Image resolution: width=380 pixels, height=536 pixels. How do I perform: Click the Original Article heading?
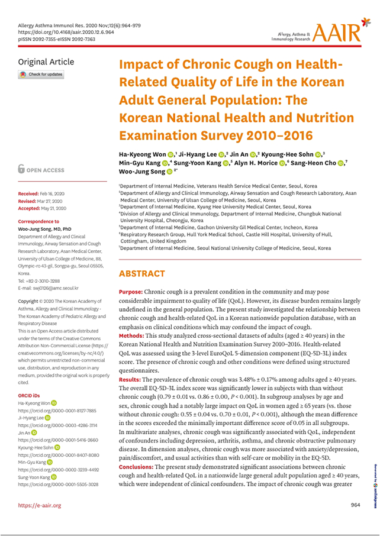[x=46, y=62]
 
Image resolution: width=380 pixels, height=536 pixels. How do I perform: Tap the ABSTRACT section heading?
[x=143, y=274]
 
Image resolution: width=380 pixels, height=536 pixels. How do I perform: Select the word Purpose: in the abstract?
[x=131, y=292]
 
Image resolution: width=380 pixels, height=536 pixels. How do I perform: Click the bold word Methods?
[x=131, y=335]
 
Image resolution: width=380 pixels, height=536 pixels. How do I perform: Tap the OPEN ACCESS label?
[x=47, y=170]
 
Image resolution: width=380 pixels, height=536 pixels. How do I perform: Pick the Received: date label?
[x=30, y=193]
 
